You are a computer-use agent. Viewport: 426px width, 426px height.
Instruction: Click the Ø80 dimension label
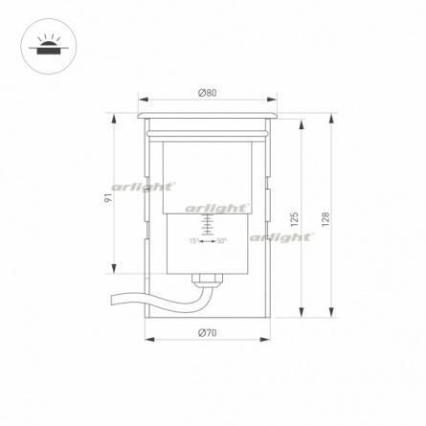[x=207, y=92]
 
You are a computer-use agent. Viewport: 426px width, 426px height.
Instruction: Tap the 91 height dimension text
[x=108, y=196]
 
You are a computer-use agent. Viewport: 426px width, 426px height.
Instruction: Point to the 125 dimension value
[x=294, y=218]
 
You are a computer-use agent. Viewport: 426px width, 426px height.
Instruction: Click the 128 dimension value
[x=325, y=218]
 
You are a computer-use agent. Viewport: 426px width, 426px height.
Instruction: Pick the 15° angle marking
[x=193, y=241]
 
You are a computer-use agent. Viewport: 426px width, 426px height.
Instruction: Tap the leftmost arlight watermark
[x=144, y=186]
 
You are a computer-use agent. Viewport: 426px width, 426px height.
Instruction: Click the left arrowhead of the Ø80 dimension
[x=141, y=100]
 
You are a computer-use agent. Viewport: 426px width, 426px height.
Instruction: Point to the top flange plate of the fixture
[x=207, y=115]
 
